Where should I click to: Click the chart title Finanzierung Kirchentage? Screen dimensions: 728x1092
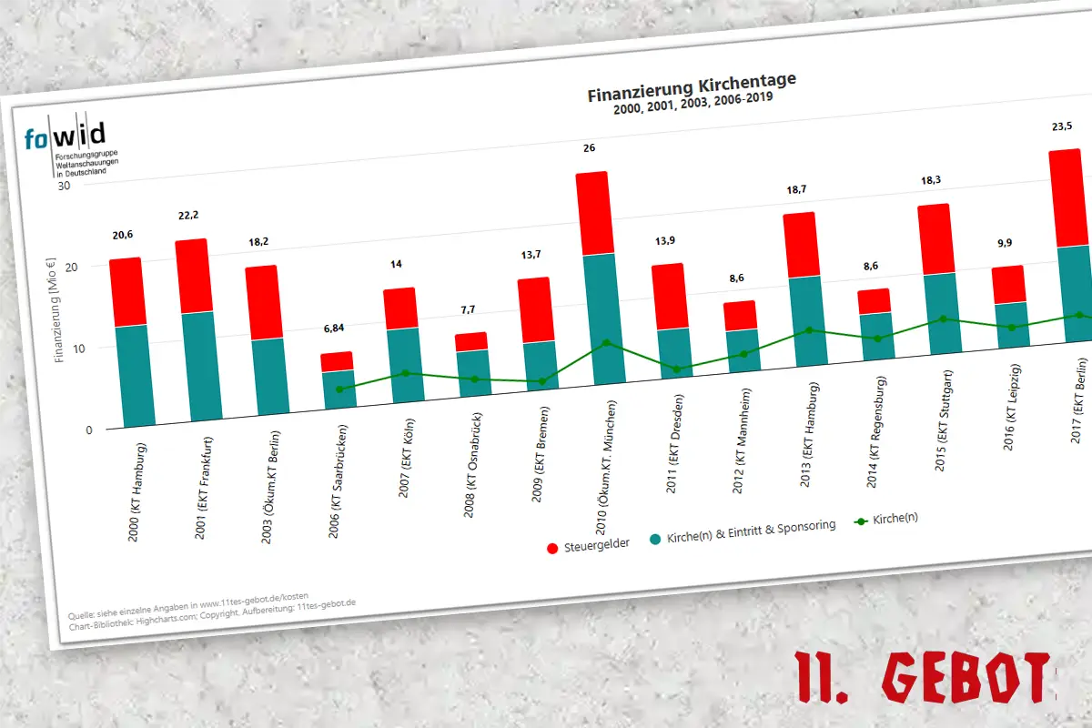(692, 88)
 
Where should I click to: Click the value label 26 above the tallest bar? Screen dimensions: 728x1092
(589, 147)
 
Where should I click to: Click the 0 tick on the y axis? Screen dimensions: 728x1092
(88, 430)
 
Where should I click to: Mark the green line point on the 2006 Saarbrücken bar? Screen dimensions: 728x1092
(339, 389)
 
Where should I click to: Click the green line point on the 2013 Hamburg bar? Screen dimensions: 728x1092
(807, 330)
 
